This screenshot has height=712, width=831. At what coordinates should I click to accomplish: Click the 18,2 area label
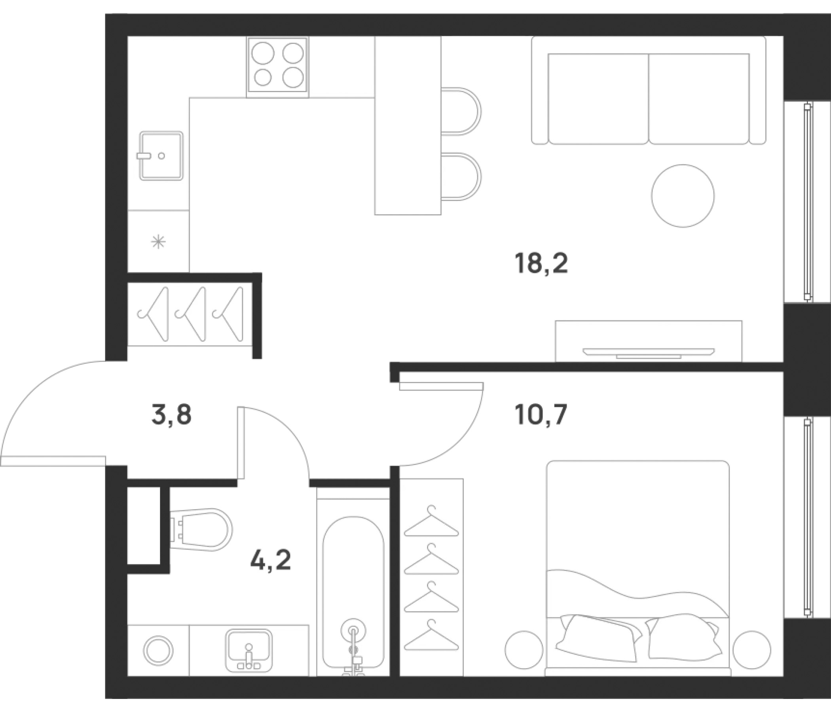(x=541, y=264)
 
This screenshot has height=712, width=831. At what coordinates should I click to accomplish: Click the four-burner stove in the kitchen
(x=277, y=67)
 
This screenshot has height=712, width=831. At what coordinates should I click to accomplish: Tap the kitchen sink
(x=161, y=155)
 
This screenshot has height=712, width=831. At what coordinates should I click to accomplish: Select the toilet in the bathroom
(x=201, y=530)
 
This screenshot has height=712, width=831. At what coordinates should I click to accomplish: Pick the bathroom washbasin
(x=249, y=650)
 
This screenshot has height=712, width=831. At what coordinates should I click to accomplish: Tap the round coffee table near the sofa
(x=683, y=196)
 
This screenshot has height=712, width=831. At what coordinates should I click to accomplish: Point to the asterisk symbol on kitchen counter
(x=158, y=242)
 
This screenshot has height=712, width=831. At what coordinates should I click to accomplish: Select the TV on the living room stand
(x=649, y=353)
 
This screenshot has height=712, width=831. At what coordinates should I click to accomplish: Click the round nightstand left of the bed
(x=524, y=650)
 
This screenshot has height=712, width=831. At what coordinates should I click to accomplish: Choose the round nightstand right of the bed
(x=751, y=650)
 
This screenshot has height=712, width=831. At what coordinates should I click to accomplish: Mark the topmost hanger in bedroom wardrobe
(x=431, y=521)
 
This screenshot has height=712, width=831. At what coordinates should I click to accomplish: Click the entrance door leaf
(x=53, y=462)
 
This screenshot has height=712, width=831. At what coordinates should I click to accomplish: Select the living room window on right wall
(x=807, y=202)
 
